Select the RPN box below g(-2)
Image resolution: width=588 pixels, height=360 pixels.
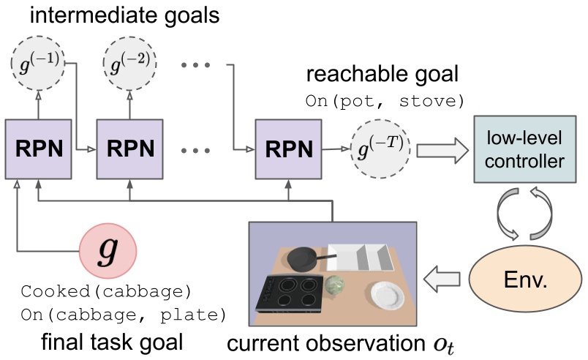(x=130, y=149)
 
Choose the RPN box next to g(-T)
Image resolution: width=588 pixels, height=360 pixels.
(x=287, y=149)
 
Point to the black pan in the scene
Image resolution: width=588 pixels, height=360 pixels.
(x=302, y=257)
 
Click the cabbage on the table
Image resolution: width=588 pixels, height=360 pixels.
(x=336, y=282)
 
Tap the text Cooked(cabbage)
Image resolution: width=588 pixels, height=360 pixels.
(x=106, y=293)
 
